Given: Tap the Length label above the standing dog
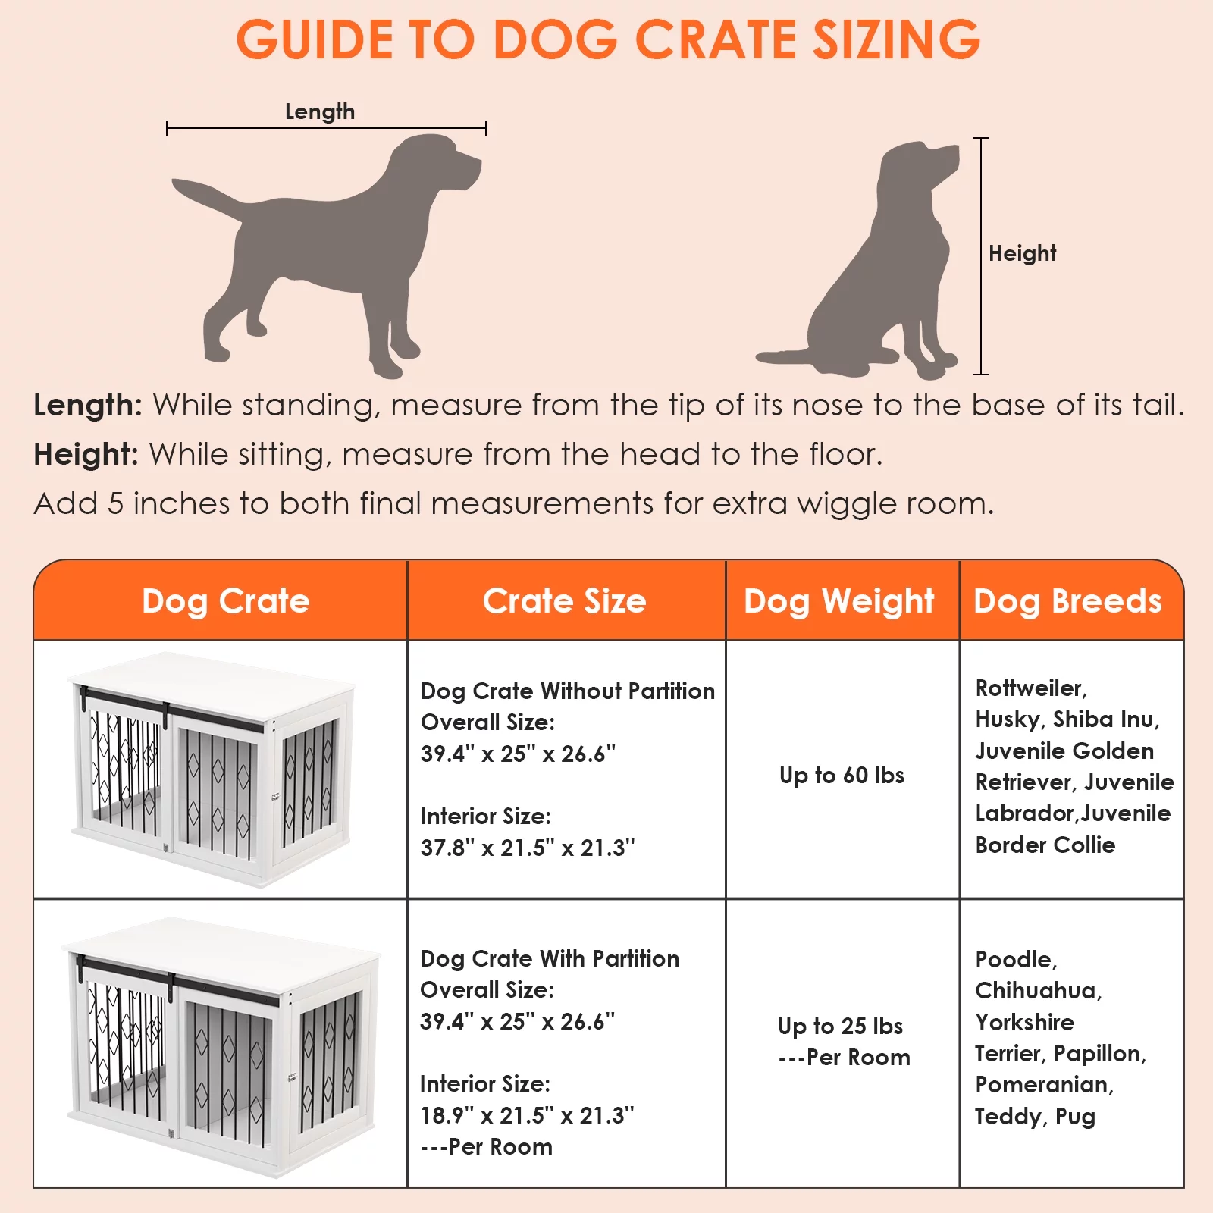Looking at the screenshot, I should pyautogui.click(x=319, y=112).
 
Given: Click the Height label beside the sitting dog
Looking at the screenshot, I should pyautogui.click(x=1021, y=253).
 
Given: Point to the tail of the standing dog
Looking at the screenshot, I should pyautogui.click(x=205, y=193).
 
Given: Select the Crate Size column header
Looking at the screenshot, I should pyautogui.click(x=565, y=601).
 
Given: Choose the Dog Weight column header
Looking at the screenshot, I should pyautogui.click(x=838, y=601).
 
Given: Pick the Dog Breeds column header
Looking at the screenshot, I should pyautogui.click(x=1067, y=601).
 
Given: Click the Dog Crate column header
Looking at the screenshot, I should pyautogui.click(x=226, y=601).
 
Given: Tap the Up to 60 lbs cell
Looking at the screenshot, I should pyautogui.click(x=842, y=775).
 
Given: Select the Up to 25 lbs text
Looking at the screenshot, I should pyautogui.click(x=840, y=1026).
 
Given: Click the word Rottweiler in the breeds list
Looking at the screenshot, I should pyautogui.click(x=1030, y=688).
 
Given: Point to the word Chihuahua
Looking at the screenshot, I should pyautogui.click(x=1037, y=990).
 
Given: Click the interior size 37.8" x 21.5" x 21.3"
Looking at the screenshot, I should pyautogui.click(x=528, y=848).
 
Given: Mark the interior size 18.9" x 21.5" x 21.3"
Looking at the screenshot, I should pyautogui.click(x=527, y=1115).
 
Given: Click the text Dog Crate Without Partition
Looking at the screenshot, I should pyautogui.click(x=567, y=691).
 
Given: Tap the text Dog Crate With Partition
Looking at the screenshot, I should pyautogui.click(x=550, y=958).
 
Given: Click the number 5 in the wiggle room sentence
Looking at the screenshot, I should pyautogui.click(x=114, y=504).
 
